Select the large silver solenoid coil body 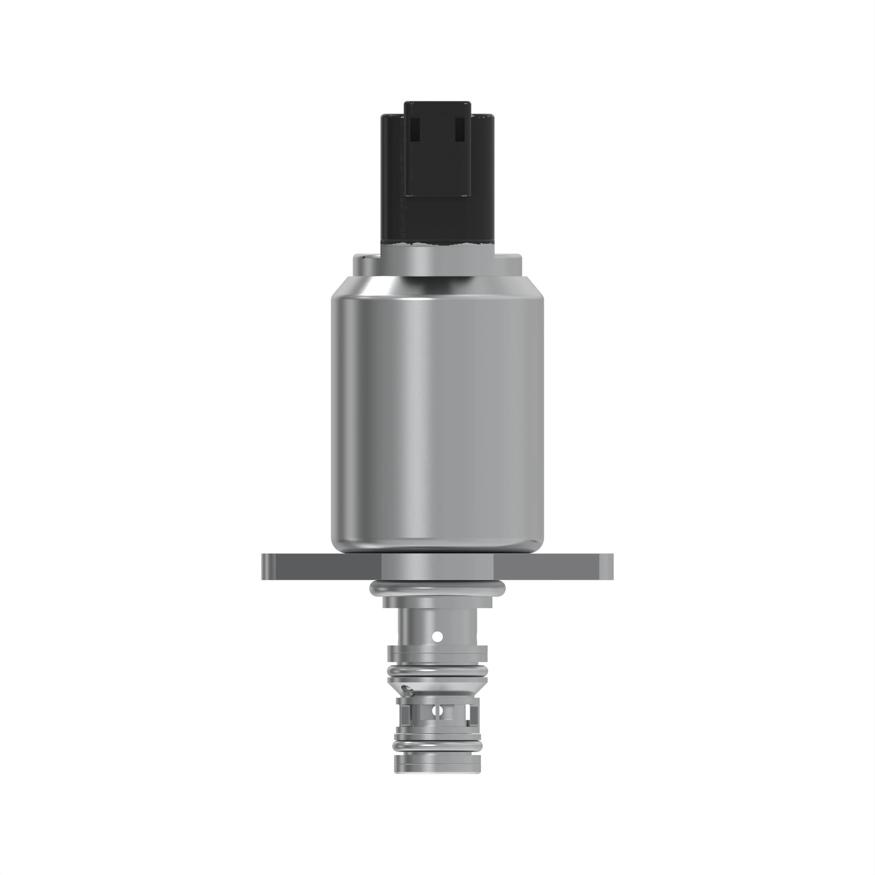coord(437,408)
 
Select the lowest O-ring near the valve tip coord(437,745)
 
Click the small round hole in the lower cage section coord(437,711)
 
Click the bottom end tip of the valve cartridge coord(437,770)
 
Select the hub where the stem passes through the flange coord(437,566)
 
